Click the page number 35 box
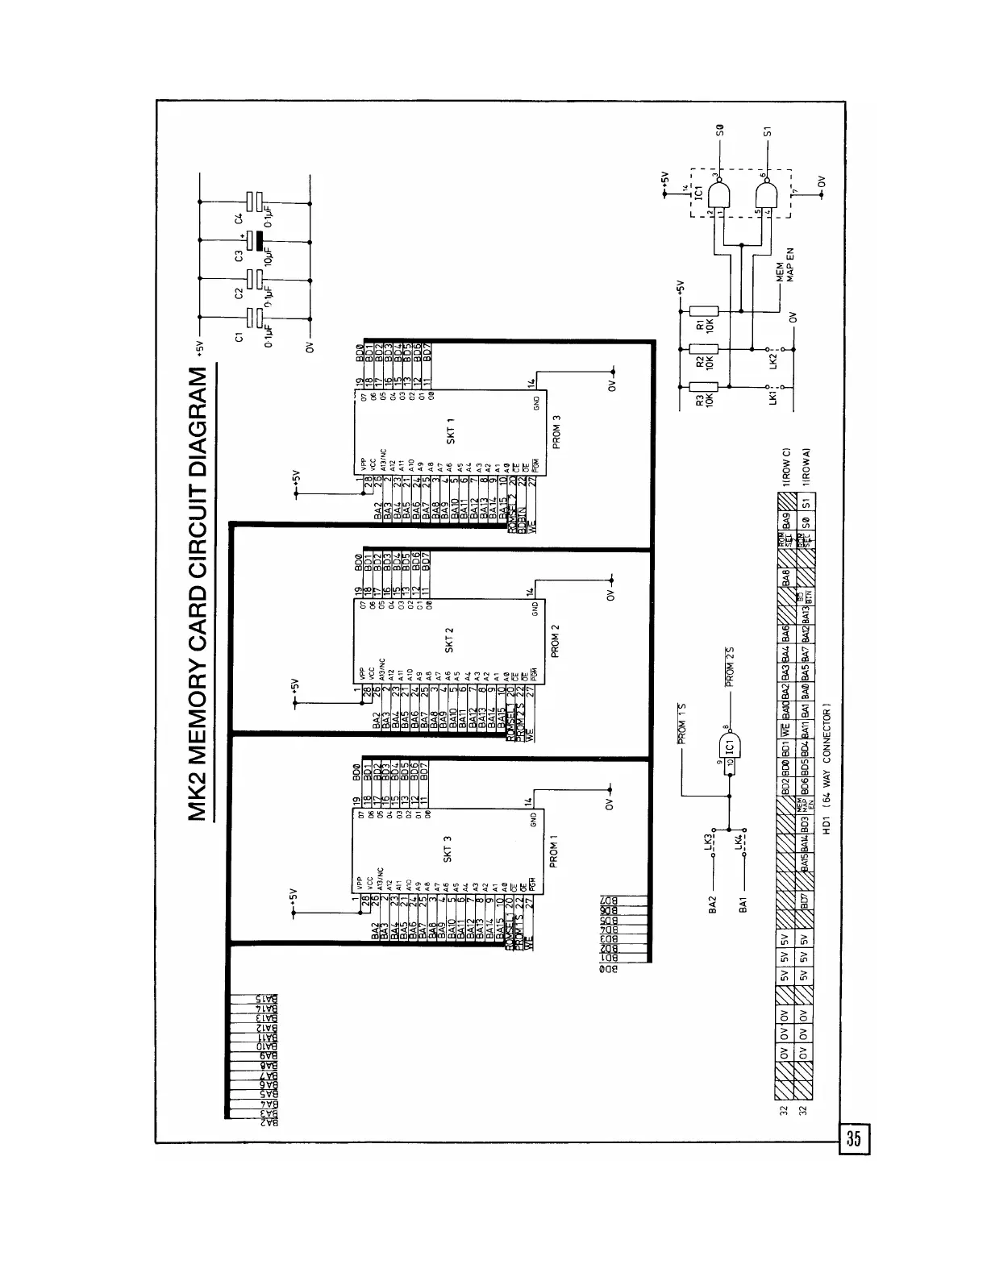(854, 1139)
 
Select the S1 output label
(767, 130)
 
